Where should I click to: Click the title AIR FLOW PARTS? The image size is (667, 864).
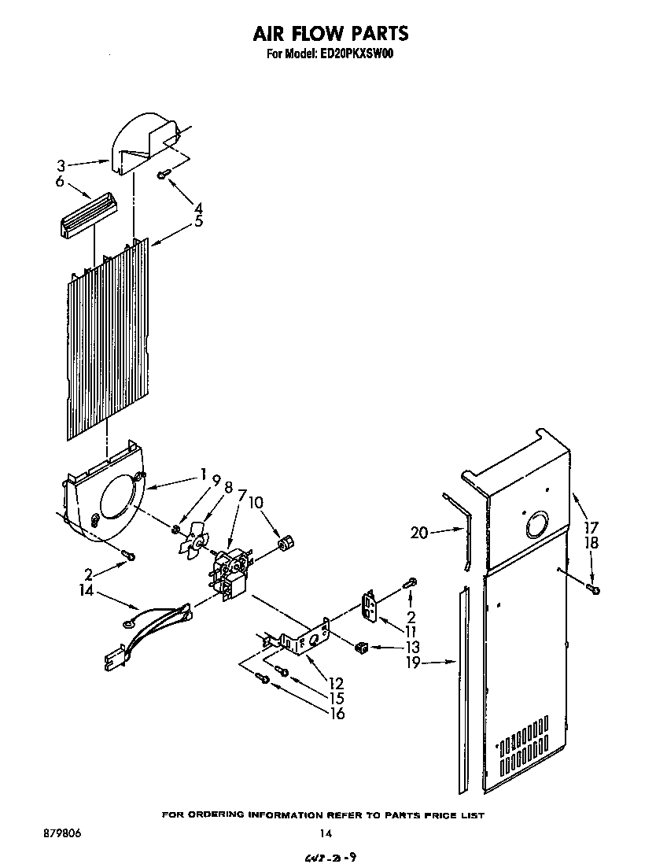330,34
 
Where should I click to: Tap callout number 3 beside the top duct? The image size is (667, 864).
61,166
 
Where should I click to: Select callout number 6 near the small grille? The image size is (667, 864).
61,180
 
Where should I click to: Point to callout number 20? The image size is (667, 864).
418,533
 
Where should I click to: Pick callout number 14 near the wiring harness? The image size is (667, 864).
65,587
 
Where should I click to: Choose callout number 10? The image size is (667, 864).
257,502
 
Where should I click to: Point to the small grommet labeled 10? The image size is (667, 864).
286,542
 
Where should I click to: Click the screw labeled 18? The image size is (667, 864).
593,589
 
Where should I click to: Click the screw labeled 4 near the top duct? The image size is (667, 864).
162,175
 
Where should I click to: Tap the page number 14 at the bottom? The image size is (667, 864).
324,833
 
